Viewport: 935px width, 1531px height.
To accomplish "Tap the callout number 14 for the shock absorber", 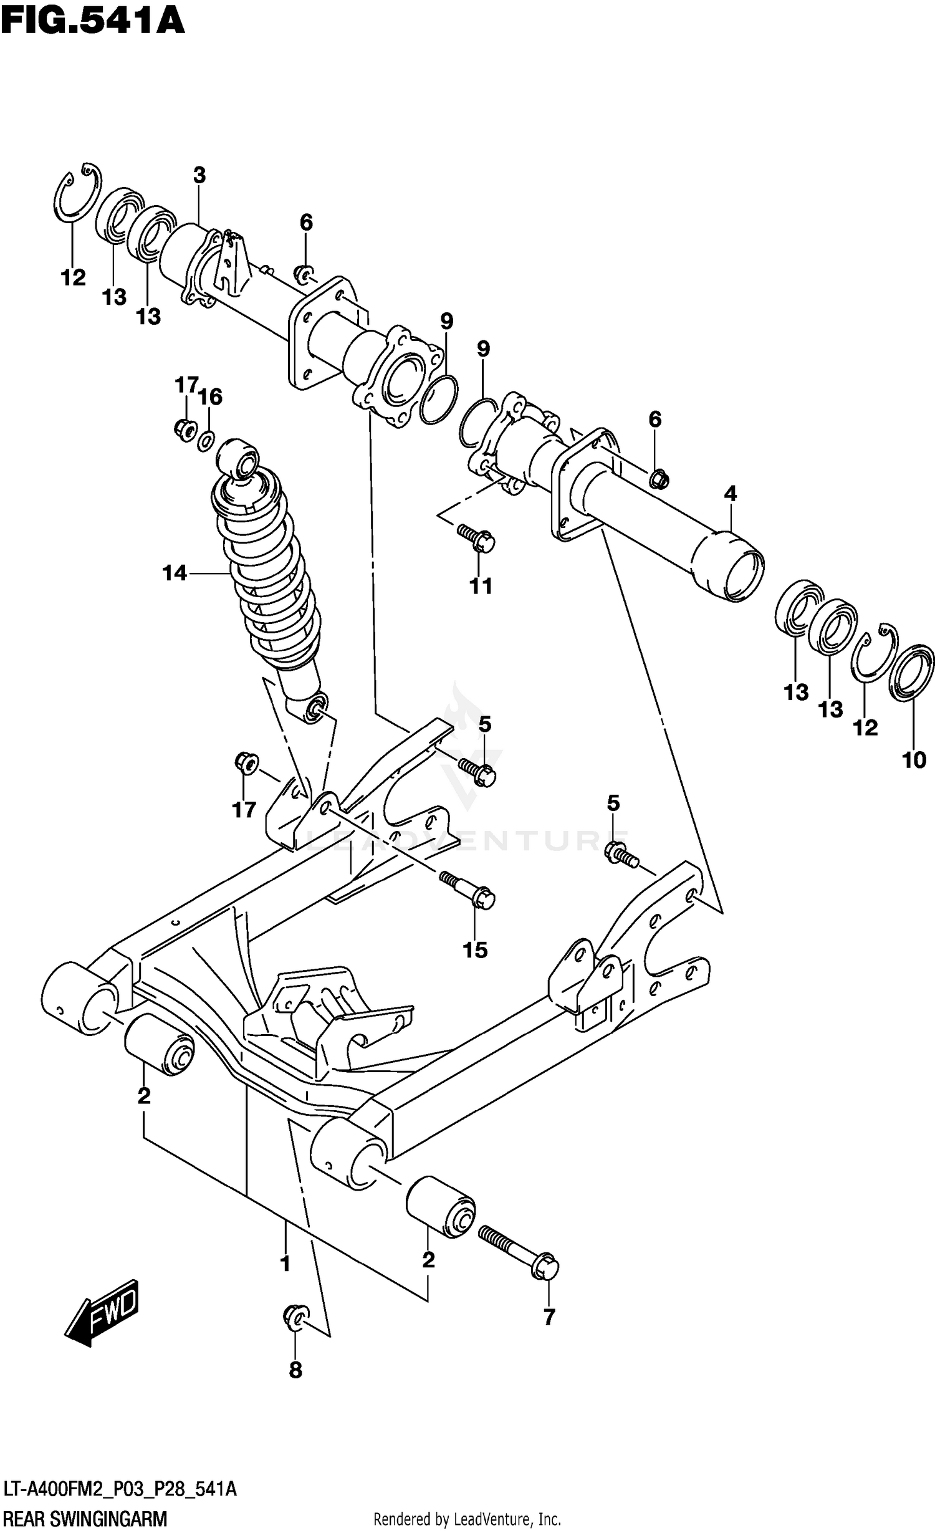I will click(175, 573).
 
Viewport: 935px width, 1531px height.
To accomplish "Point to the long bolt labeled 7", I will click(517, 1253).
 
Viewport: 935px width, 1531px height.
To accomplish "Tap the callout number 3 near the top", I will click(199, 176).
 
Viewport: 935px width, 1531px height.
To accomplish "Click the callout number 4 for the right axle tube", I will click(730, 494).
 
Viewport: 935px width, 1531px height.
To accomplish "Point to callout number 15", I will click(475, 950).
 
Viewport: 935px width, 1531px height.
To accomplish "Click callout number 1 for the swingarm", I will click(285, 1264).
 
